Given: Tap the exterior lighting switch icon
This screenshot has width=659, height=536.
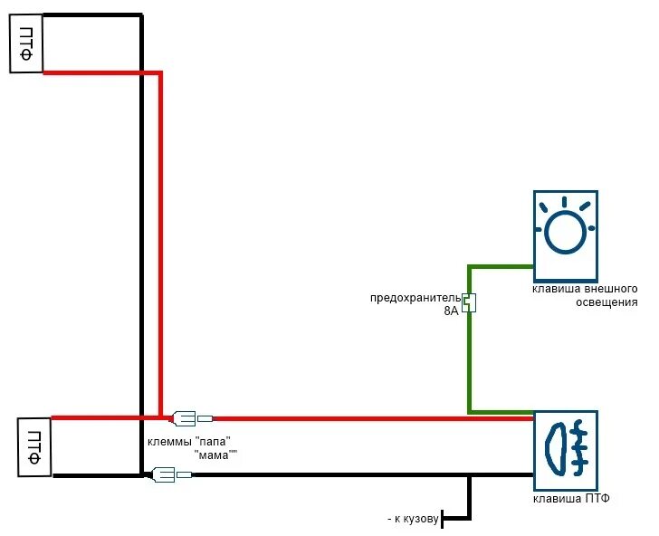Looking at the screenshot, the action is (x=565, y=235).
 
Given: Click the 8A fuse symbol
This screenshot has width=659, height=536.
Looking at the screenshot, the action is (x=469, y=302).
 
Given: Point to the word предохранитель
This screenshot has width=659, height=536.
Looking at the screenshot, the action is (x=415, y=298).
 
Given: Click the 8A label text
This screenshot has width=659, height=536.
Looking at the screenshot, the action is (x=451, y=311).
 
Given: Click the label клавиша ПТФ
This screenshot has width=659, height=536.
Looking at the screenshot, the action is (x=564, y=499).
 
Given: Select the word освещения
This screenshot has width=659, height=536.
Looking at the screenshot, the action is (x=606, y=301).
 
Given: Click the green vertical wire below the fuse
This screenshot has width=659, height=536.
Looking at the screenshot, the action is (x=469, y=362).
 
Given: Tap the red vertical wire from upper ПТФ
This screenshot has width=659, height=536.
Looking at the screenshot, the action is (x=159, y=244).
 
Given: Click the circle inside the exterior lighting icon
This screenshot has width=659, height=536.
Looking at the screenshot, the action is (x=564, y=234).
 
